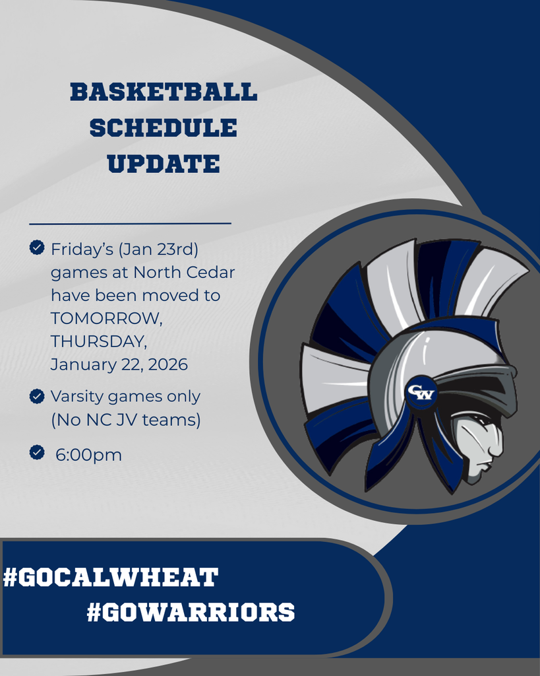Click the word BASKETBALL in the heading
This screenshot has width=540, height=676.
[x=164, y=92]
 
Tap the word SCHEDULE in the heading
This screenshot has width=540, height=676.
[x=163, y=128]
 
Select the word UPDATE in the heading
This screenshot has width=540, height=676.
[x=164, y=164]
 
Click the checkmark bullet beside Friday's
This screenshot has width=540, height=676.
[x=37, y=248]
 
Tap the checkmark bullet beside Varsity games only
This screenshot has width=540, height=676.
[x=37, y=396]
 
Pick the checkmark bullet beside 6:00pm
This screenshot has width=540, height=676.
[x=37, y=452]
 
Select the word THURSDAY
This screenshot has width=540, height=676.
[x=98, y=342]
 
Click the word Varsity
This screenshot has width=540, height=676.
[x=78, y=397]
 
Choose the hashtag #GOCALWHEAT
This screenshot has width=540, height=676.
[x=111, y=578]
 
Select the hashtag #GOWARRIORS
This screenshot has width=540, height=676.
[x=191, y=612]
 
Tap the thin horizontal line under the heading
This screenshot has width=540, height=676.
[x=130, y=224]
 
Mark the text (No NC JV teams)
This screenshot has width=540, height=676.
[x=125, y=420]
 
